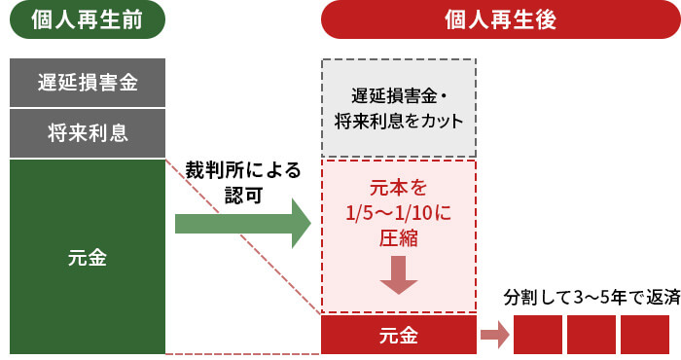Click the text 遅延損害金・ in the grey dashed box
(x=398, y=97)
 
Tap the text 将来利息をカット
(x=398, y=122)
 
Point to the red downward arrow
(x=398, y=275)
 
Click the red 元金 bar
(x=398, y=337)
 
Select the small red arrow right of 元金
(x=495, y=337)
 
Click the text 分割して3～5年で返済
(x=591, y=297)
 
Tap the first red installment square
(x=538, y=336)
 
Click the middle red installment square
(x=591, y=336)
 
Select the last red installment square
(x=644, y=336)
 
